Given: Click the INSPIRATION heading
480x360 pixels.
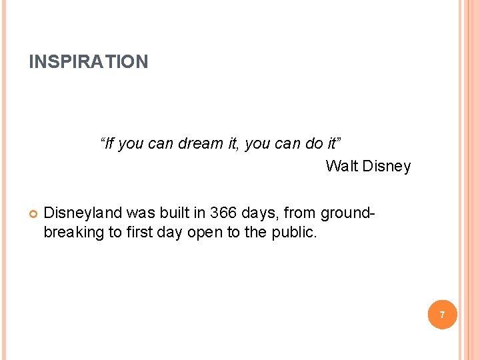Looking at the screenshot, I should tap(89, 62).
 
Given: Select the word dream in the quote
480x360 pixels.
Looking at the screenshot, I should tap(199, 143).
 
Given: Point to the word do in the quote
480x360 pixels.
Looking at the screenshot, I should tap(313, 143).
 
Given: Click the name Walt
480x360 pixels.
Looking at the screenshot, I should tap(341, 166).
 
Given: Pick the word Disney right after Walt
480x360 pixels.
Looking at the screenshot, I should tap(387, 166).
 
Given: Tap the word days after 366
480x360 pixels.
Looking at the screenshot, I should tap(258, 213).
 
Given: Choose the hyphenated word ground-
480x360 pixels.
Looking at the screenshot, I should tap(348, 213).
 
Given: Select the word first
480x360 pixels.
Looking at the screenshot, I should tap(137, 233).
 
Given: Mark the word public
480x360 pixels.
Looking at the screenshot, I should tap(295, 233).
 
